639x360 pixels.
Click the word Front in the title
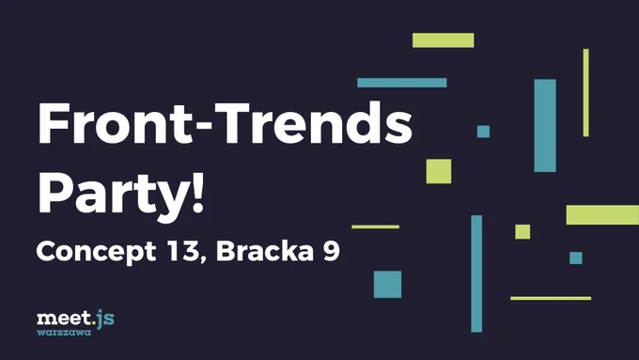[x=116, y=122]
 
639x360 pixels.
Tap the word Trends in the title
[x=313, y=122]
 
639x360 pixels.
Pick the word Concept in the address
[x=96, y=252]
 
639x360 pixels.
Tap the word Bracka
[x=265, y=251]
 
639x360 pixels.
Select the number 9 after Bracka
[x=332, y=251]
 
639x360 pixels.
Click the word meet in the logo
[x=64, y=318]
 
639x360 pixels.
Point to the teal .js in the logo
[x=103, y=319]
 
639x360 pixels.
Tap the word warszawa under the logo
[x=64, y=333]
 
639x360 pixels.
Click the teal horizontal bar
[x=402, y=83]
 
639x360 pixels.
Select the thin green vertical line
[x=586, y=92]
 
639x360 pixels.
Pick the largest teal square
[x=387, y=285]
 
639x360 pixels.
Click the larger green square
[x=439, y=171]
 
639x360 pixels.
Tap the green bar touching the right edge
[x=602, y=215]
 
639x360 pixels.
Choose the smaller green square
[x=522, y=231]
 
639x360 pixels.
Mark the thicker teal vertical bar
[x=545, y=126]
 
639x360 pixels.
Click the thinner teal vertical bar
[x=476, y=274]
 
